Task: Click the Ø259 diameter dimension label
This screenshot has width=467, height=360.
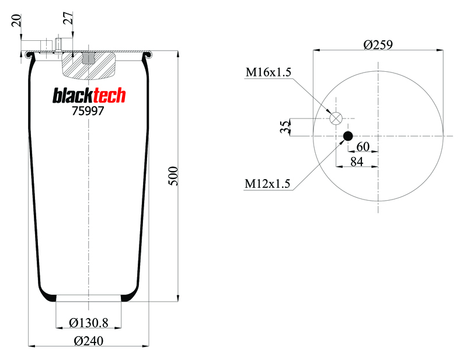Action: pos(378,44)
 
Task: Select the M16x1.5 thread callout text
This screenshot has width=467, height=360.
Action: pos(268,72)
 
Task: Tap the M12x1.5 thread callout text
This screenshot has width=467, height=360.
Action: pos(267,183)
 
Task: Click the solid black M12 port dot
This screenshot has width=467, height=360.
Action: pos(348,136)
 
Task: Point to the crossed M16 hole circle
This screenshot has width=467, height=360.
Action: pos(336,118)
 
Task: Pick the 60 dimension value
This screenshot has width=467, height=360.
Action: pos(363,146)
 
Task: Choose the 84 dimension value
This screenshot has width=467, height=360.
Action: pos(357,162)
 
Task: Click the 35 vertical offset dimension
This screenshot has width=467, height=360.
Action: pos(285,127)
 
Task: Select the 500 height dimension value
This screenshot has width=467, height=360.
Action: pos(173,176)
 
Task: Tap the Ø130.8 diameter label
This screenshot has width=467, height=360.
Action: pos(89,323)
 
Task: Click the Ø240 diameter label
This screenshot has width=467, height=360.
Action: pos(89,341)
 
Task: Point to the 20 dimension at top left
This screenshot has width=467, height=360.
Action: pos(17,20)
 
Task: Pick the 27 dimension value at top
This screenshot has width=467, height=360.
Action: pos(68,18)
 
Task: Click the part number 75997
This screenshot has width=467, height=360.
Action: pos(88,111)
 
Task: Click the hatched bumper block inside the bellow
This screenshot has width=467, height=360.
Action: pos(88,66)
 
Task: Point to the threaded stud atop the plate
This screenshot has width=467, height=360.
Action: pos(58,45)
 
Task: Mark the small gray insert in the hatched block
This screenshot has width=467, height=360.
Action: pos(88,58)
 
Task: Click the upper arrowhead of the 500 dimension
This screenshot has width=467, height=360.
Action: pos(178,54)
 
